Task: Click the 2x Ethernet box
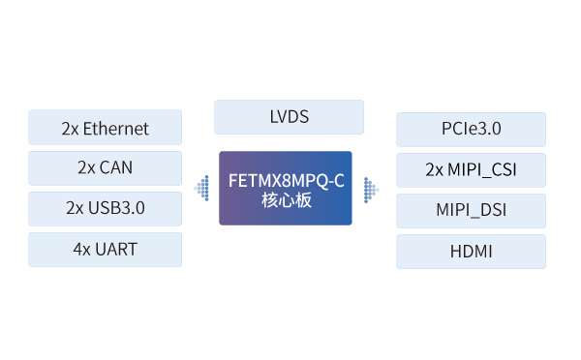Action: click(106, 127)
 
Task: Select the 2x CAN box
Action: click(106, 167)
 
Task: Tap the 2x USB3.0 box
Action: click(106, 208)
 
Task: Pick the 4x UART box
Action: click(106, 250)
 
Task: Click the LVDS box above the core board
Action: click(289, 117)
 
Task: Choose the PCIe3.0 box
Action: click(471, 130)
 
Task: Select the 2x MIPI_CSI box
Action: click(471, 170)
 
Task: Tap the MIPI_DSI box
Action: click(471, 210)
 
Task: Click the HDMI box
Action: click(471, 251)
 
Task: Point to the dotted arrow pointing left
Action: click(202, 188)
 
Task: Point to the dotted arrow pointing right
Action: click(371, 190)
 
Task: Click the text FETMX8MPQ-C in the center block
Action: click(286, 181)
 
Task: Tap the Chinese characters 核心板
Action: click(287, 200)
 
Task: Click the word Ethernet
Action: click(115, 129)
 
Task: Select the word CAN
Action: click(115, 167)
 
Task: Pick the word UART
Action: click(116, 250)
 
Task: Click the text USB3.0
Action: click(116, 208)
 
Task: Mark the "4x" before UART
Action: click(82, 250)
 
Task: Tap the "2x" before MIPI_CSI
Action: click(434, 170)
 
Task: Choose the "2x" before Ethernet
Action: click(70, 130)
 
